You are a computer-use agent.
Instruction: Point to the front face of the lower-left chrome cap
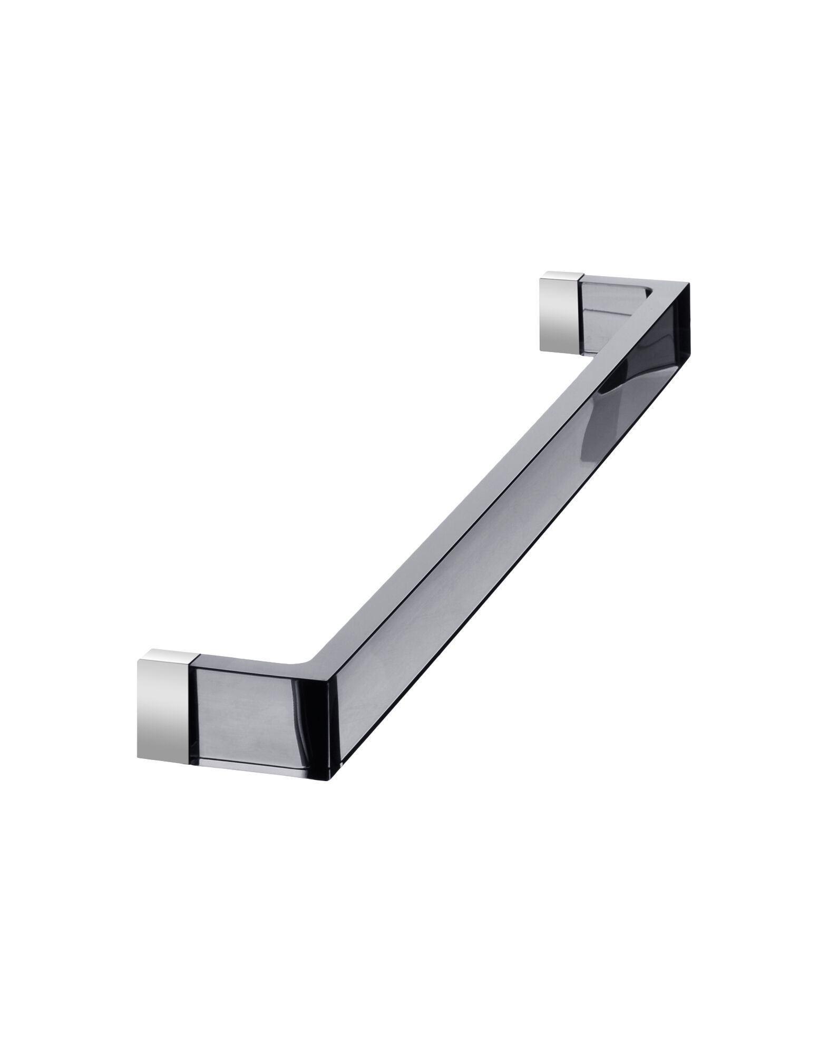coord(167,701)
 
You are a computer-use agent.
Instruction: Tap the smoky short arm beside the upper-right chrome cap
coord(611,316)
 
